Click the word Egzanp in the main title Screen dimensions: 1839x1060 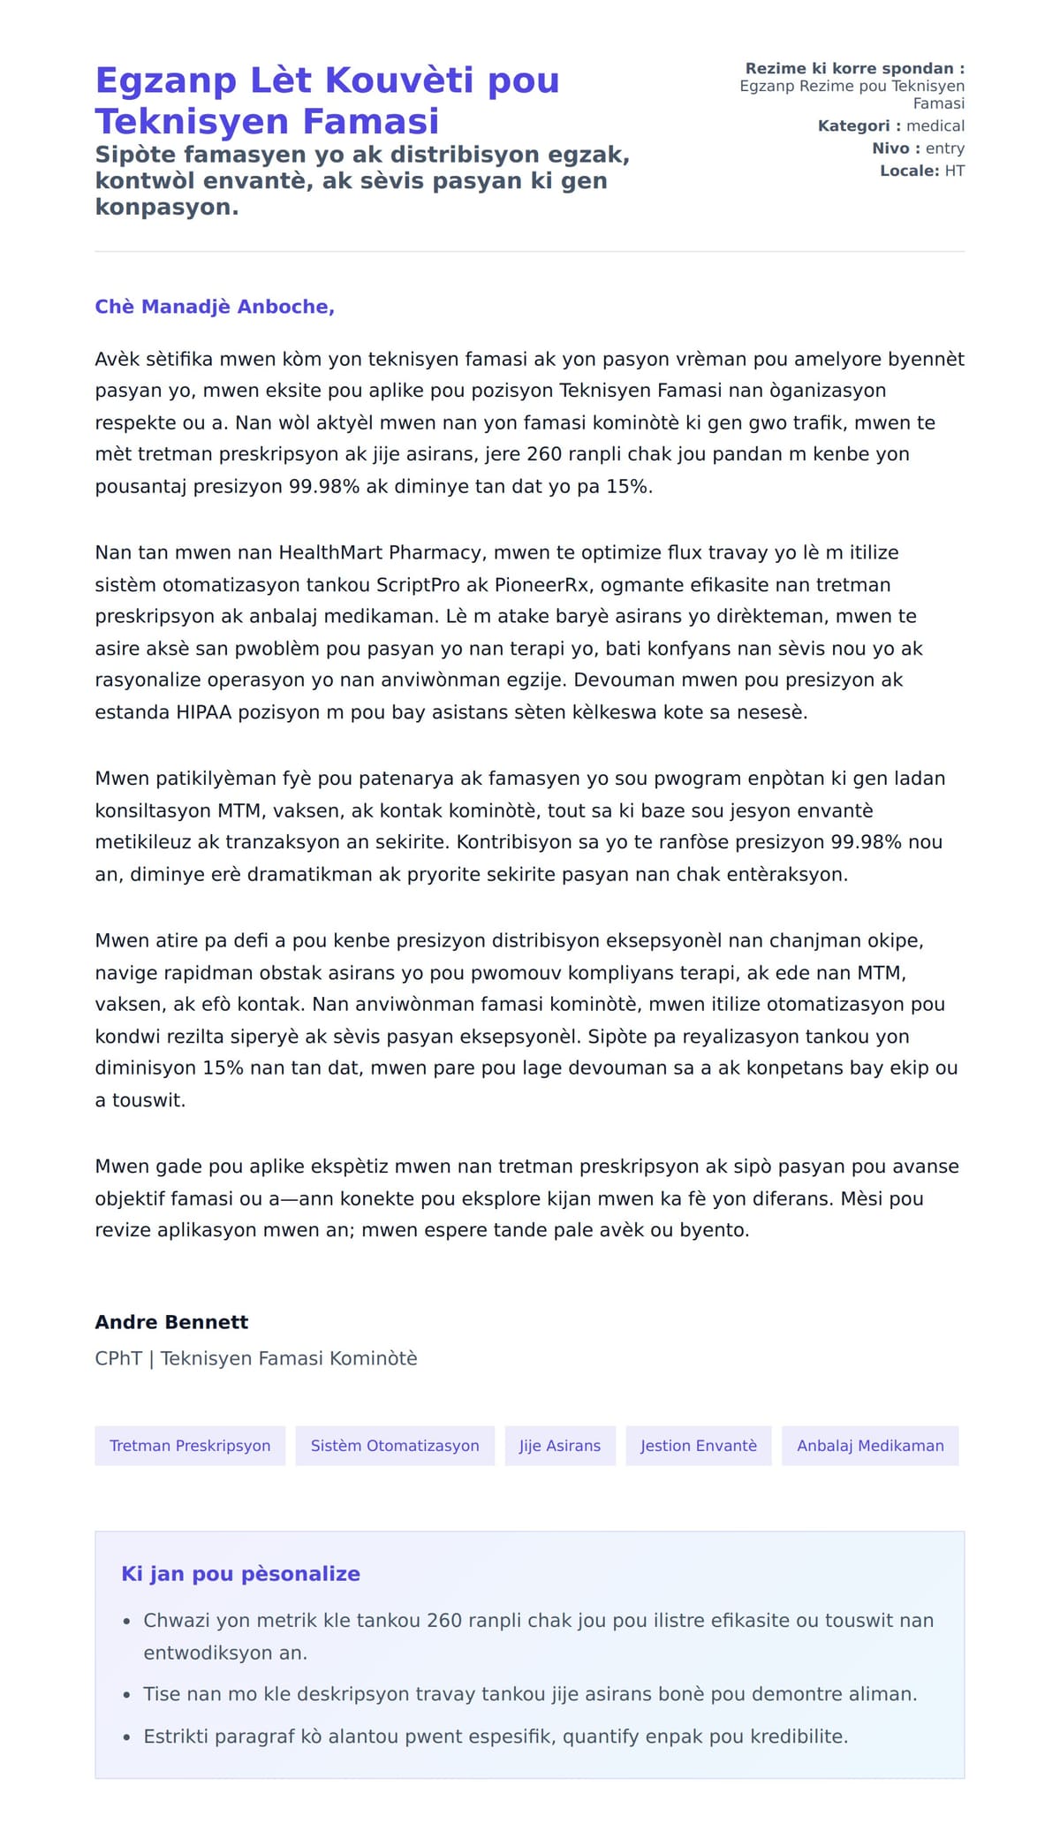pos(165,81)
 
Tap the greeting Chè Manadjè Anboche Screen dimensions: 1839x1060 pos(215,307)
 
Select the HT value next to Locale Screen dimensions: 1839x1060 pos(954,171)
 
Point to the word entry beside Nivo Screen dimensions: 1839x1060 pos(944,148)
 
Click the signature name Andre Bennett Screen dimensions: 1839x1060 pos(171,1322)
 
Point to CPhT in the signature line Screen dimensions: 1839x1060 pos(118,1358)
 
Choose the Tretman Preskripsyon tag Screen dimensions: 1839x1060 pos(190,1446)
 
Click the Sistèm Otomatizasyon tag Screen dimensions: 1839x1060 pos(395,1446)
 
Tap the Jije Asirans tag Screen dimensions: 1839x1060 pos(560,1446)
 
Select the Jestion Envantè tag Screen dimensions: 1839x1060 pos(699,1446)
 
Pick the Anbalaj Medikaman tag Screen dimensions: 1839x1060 pos(870,1446)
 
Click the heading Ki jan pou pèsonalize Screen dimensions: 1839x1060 pos(240,1574)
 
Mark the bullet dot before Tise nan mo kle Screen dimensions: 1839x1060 pos(126,1695)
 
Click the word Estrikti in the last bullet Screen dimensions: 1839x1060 pos(178,1736)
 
